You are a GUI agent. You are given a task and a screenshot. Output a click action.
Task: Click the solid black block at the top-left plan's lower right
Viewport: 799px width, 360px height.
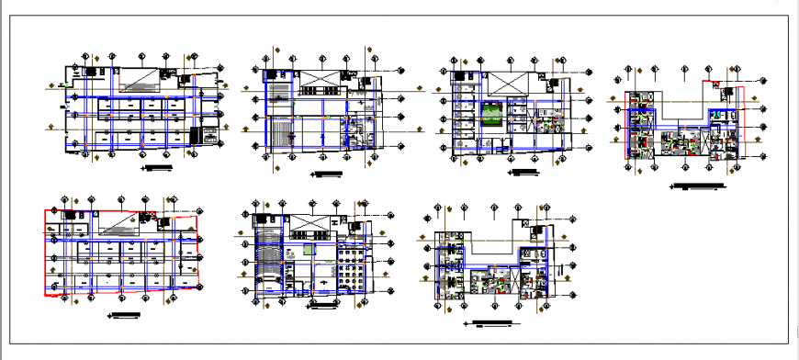point(195,136)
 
